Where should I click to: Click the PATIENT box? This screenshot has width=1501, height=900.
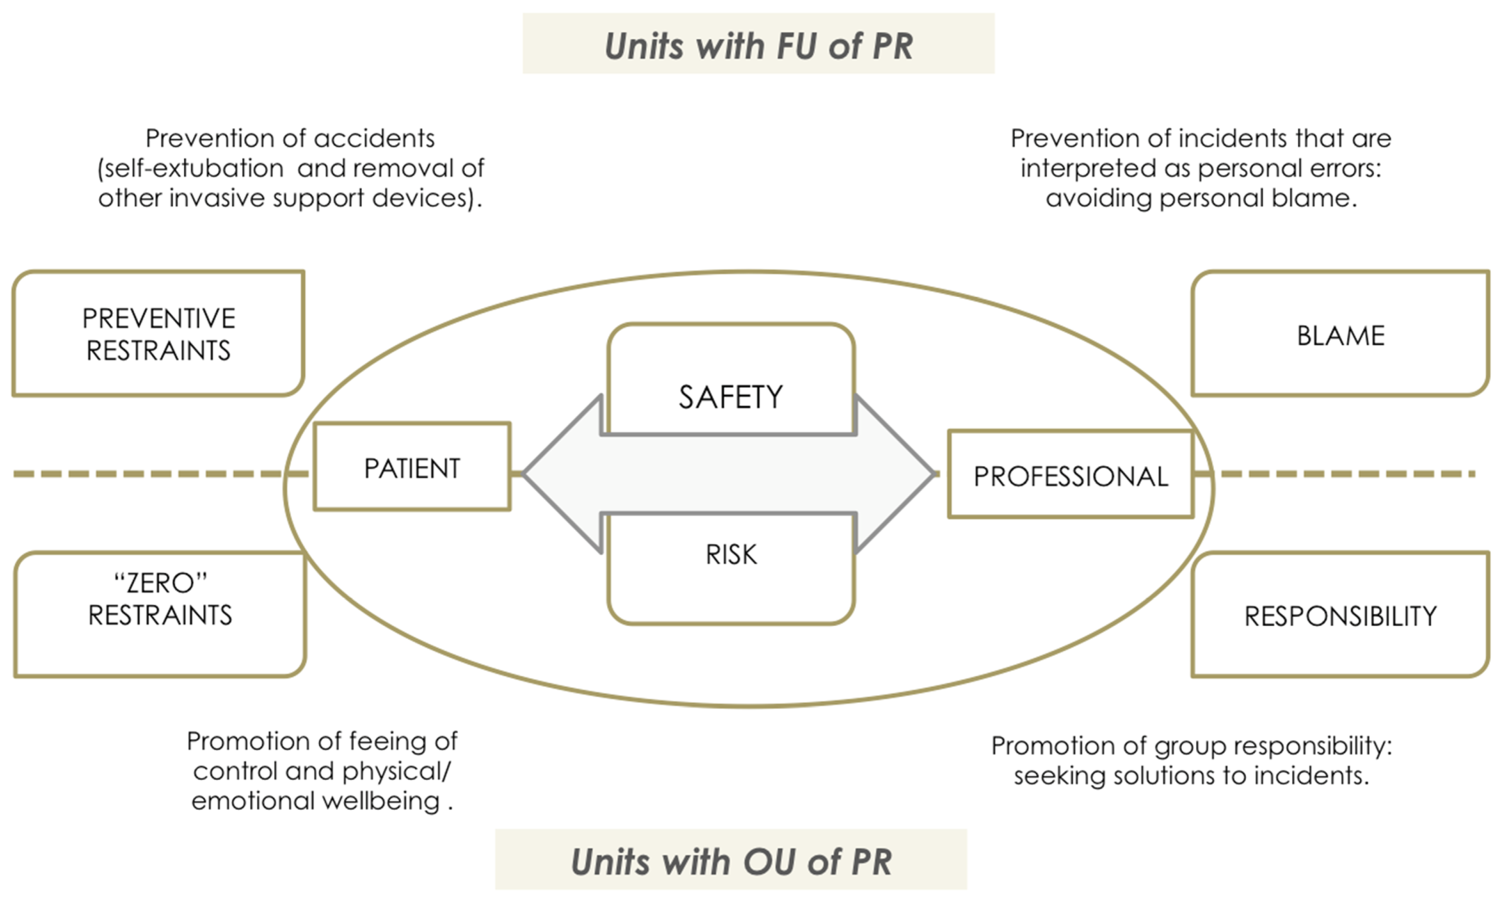[412, 467]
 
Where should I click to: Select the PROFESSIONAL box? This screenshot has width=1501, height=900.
[1071, 475]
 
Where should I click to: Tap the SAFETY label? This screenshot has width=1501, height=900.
[730, 397]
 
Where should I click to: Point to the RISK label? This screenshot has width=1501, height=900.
[731, 554]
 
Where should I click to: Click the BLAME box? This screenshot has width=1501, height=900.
[1340, 335]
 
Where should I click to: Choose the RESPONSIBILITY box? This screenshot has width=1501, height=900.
[1340, 615]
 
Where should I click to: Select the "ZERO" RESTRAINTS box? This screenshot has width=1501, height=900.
[160, 599]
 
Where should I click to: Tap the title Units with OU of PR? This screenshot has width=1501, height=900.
[731, 861]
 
